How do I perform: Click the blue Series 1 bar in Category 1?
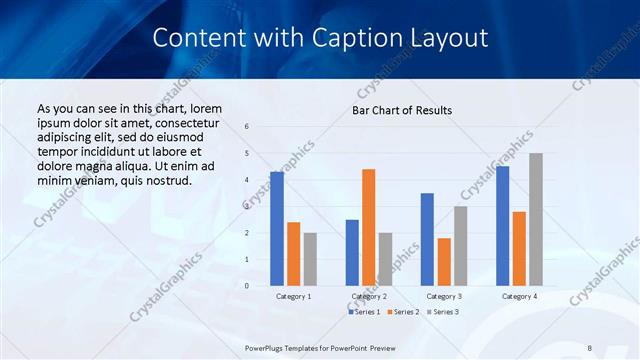[277, 229]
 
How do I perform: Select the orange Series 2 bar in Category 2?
[368, 227]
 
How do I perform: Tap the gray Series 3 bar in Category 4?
[536, 219]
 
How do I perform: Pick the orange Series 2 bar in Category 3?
[444, 262]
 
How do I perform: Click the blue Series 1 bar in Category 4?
[502, 226]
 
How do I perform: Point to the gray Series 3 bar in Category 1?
[310, 259]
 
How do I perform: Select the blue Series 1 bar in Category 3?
[427, 239]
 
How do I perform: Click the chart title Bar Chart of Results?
[402, 110]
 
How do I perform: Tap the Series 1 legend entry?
[365, 313]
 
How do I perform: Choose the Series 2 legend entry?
[402, 313]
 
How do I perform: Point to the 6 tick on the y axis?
[247, 127]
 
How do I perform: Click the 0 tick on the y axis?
[247, 286]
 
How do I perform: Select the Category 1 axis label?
[293, 296]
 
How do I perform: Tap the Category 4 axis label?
[518, 296]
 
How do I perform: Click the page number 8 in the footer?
[590, 347]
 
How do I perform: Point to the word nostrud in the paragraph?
[162, 180]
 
